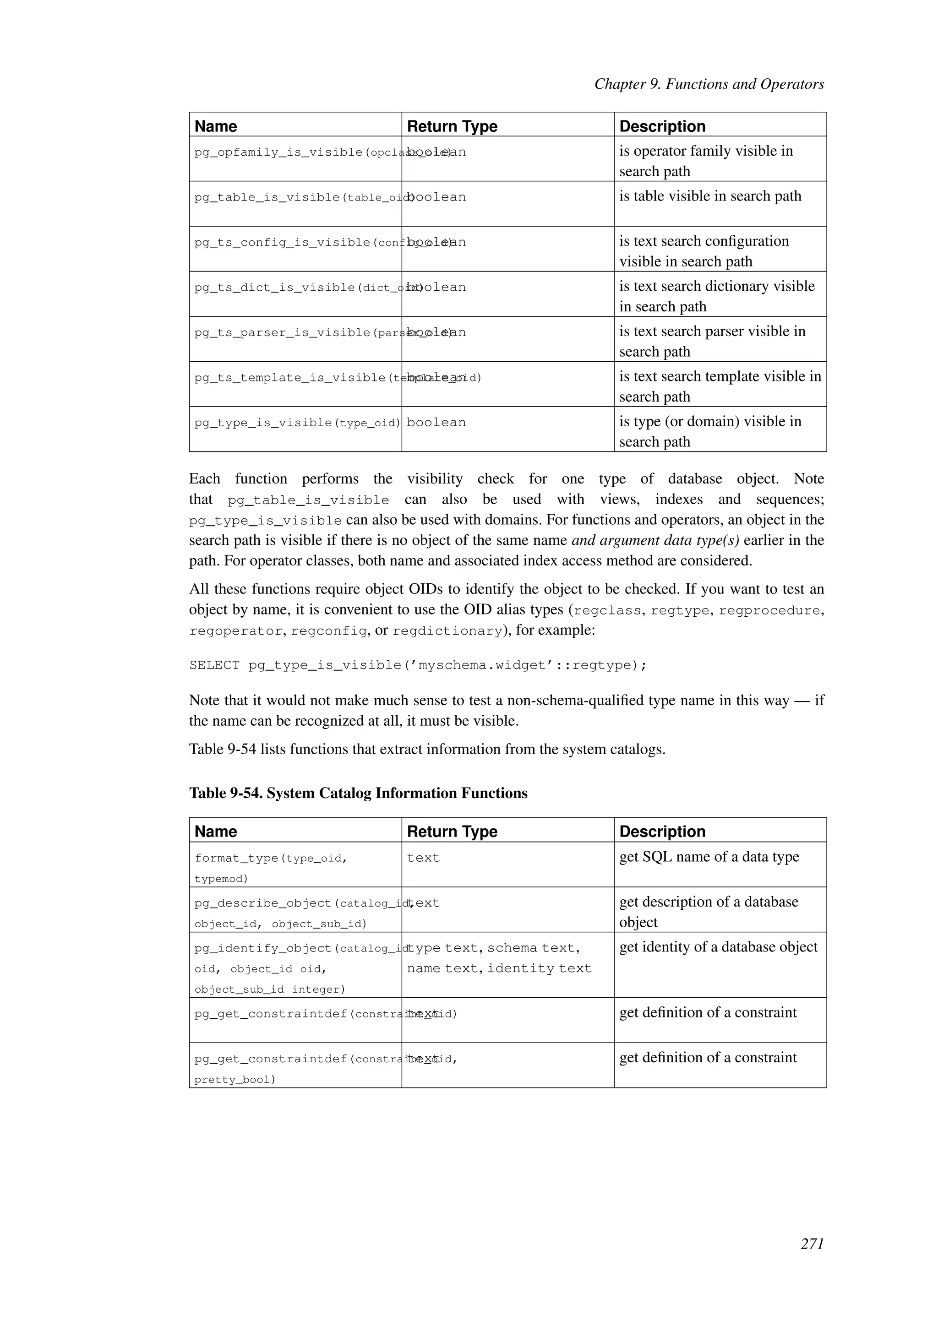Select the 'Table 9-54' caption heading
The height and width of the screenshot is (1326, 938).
(358, 793)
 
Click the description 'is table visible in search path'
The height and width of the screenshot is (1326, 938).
(710, 196)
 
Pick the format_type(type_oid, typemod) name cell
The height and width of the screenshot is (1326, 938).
(272, 868)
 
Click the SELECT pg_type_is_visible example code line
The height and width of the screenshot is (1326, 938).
(418, 665)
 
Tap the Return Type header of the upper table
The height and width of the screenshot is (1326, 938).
(452, 126)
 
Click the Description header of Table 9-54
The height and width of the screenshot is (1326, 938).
(662, 831)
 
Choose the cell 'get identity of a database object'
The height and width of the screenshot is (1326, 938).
(718, 947)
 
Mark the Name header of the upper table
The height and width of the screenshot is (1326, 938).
(215, 126)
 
